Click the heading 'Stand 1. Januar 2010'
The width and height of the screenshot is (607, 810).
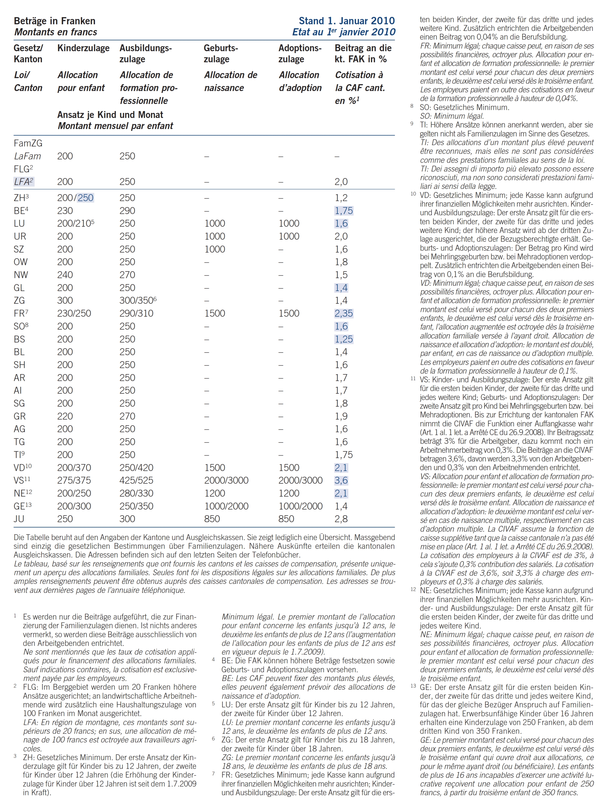[x=347, y=21]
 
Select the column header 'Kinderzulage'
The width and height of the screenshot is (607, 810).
[x=83, y=48]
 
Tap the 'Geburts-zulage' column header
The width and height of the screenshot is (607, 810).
[x=221, y=54]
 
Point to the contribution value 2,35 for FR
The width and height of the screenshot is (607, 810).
[x=343, y=313]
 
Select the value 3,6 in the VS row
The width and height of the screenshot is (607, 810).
[x=341, y=480]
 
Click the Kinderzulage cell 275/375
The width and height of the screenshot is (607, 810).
[x=74, y=480]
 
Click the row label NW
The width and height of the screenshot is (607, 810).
[x=21, y=275]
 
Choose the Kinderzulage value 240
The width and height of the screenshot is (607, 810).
[x=65, y=275]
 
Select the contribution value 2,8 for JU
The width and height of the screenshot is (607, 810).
[x=341, y=519]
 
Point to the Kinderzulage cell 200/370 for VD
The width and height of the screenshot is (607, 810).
[x=74, y=468]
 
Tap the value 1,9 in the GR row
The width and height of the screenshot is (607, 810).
[x=341, y=416]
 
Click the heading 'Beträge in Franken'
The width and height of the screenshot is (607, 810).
[x=55, y=21]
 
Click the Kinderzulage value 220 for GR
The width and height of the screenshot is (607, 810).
[x=65, y=416]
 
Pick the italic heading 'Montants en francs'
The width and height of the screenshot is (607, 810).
[x=56, y=32]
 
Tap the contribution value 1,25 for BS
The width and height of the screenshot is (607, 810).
[x=343, y=339]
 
